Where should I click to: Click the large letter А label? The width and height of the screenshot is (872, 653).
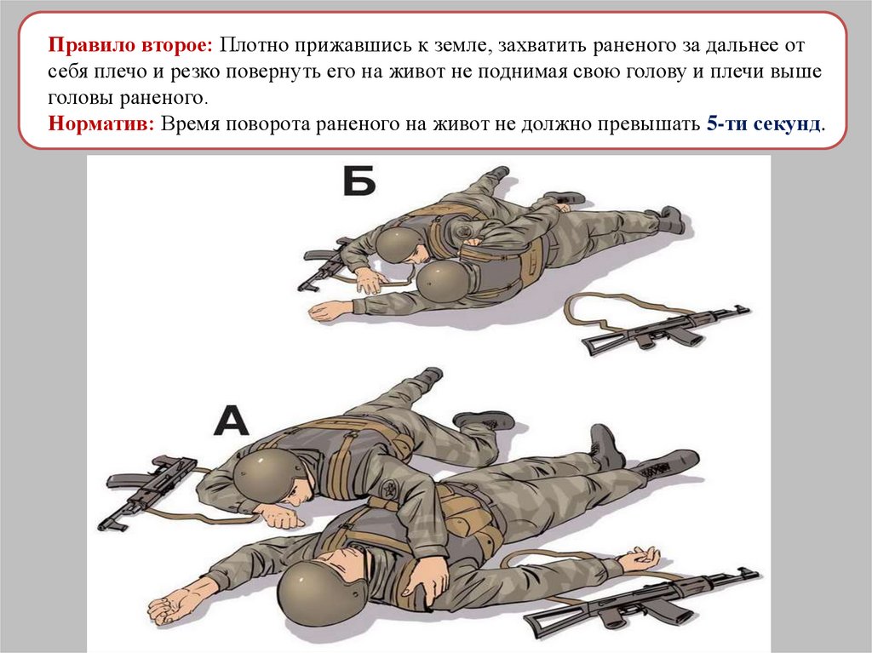tap(232, 421)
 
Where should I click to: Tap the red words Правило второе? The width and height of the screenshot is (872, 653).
tap(130, 44)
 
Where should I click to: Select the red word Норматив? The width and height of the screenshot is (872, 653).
tap(100, 123)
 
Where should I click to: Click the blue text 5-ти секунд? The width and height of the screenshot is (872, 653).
tap(764, 123)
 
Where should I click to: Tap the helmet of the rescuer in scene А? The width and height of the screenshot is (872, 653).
tap(265, 473)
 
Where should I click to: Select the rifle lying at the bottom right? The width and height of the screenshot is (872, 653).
tap(640, 603)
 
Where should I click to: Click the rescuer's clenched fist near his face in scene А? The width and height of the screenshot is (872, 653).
tap(283, 514)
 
